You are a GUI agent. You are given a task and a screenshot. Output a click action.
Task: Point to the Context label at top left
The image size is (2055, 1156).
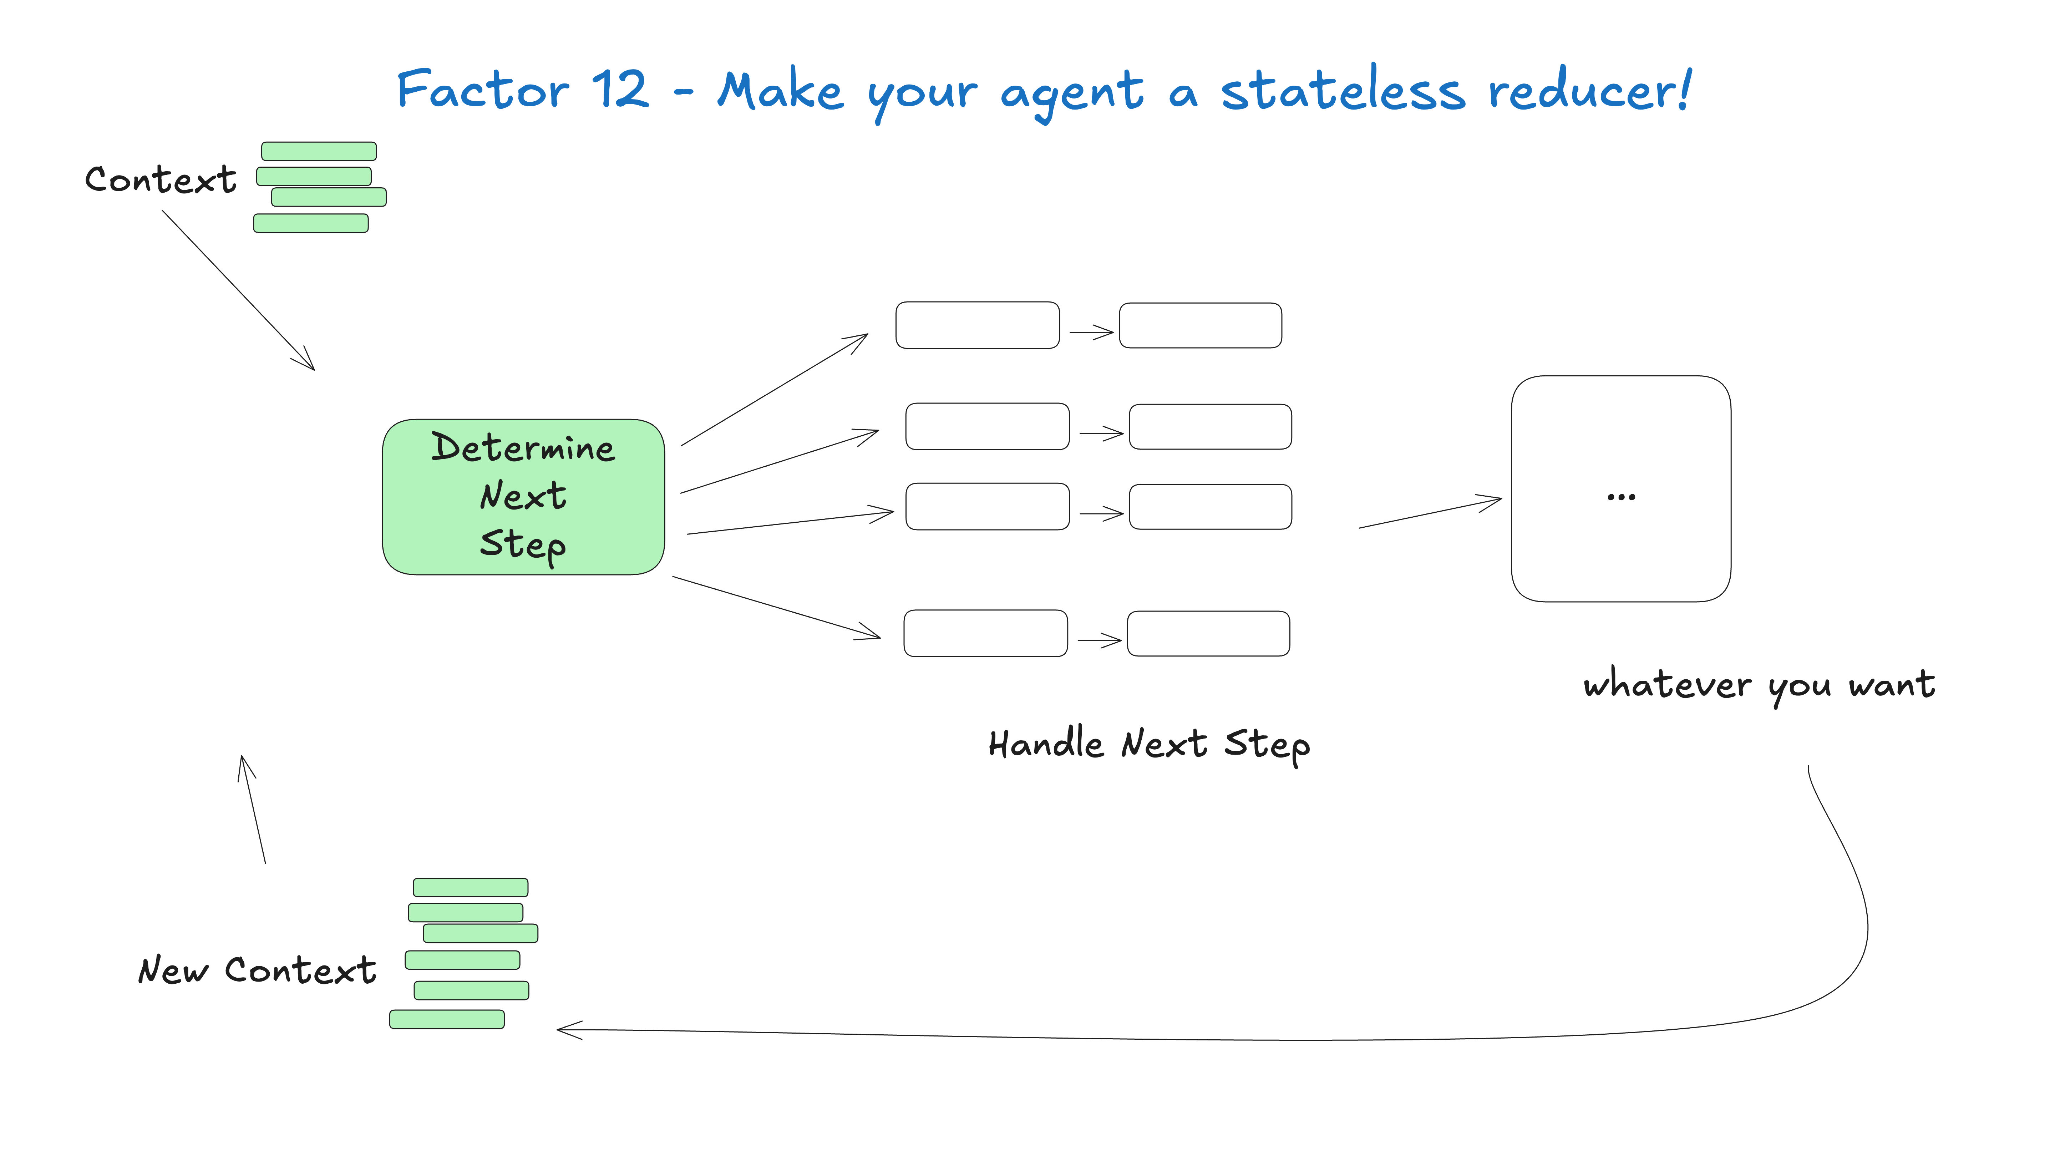pos(160,179)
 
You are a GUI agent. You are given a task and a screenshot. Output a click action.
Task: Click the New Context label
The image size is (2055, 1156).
pos(257,970)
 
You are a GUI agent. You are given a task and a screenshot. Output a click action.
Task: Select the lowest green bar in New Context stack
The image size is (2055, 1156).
pos(447,1019)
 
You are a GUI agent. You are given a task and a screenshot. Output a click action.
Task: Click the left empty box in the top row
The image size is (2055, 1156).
pos(977,325)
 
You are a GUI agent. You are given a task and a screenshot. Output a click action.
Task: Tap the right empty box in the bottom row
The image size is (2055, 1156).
pos(1208,633)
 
